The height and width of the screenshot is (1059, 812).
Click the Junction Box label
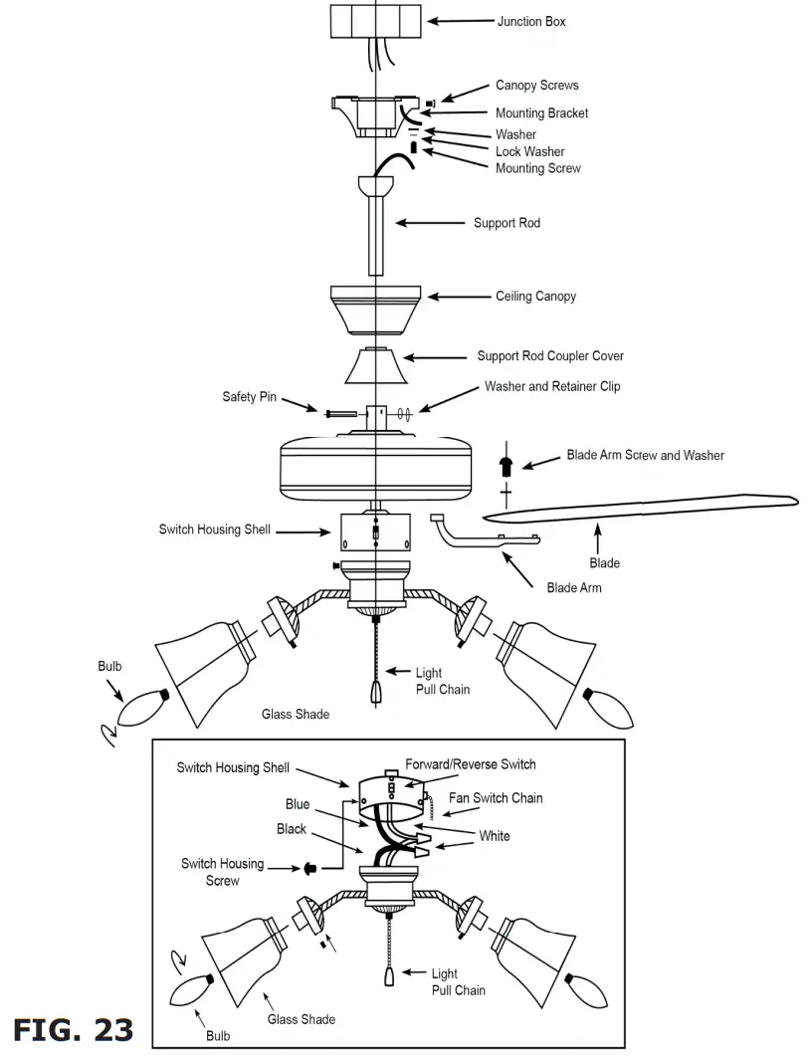531,21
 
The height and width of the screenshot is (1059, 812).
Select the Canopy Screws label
536,86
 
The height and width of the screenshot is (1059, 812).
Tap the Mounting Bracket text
541,113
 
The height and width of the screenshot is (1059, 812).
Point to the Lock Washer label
529,152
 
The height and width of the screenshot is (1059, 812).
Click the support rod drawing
376,234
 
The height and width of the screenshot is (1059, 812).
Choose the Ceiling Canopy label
535,297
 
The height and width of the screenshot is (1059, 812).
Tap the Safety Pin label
249,397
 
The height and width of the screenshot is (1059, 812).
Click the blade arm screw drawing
507,464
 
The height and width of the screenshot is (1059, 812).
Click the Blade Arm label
573,588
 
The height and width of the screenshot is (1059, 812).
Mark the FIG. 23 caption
73,1029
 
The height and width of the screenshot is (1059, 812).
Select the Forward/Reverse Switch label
470,764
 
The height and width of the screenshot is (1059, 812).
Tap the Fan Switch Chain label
496,798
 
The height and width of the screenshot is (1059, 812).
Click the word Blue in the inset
298,804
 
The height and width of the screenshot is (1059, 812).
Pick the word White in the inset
494,836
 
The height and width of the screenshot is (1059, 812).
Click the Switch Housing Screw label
222,871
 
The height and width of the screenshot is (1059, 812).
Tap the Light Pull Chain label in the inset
458,981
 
